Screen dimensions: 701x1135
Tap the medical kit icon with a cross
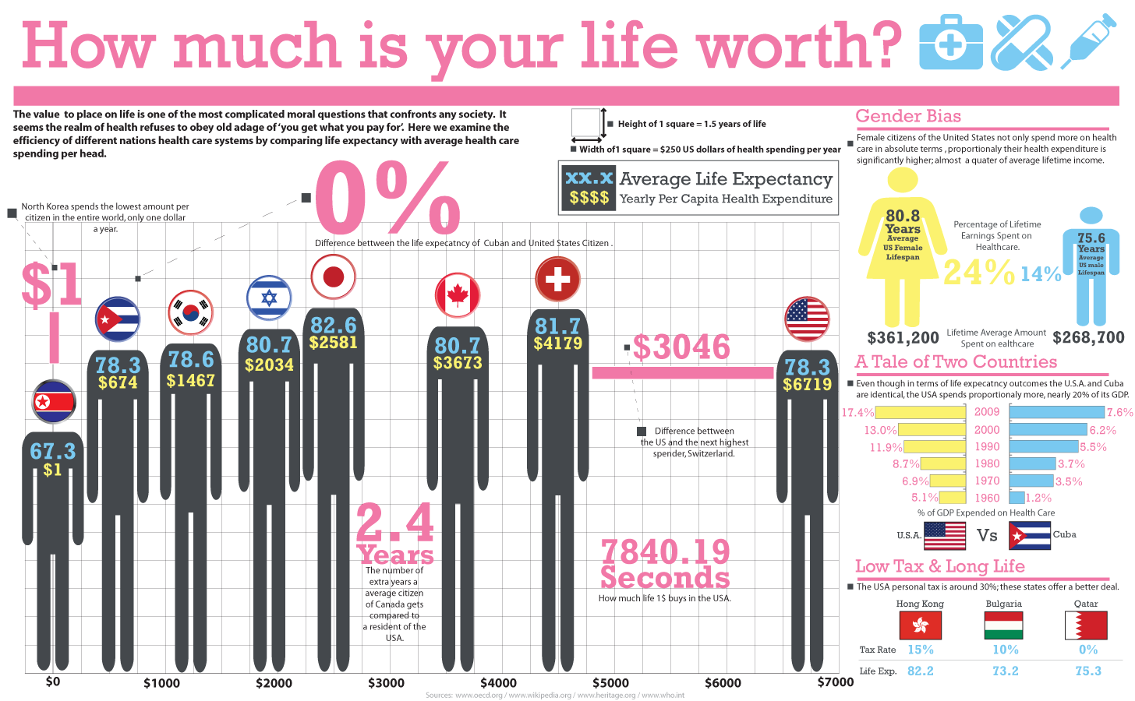951,43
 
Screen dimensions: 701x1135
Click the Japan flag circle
334,276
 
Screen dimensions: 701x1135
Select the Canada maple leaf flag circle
458,295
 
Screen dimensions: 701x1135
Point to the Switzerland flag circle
557,279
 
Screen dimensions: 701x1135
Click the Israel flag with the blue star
269,298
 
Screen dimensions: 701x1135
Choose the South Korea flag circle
190,312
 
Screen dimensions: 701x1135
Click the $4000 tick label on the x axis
498,683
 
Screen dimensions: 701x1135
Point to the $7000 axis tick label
835,682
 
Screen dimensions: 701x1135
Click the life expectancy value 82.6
333,325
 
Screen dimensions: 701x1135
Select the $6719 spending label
808,384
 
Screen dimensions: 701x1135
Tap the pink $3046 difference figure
681,347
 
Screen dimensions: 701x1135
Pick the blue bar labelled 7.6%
1057,412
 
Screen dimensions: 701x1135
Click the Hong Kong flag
920,625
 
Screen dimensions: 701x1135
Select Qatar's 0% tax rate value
1088,650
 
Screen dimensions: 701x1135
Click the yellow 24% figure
978,272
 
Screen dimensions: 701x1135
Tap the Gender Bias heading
908,117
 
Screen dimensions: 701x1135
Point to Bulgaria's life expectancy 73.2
1005,671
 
